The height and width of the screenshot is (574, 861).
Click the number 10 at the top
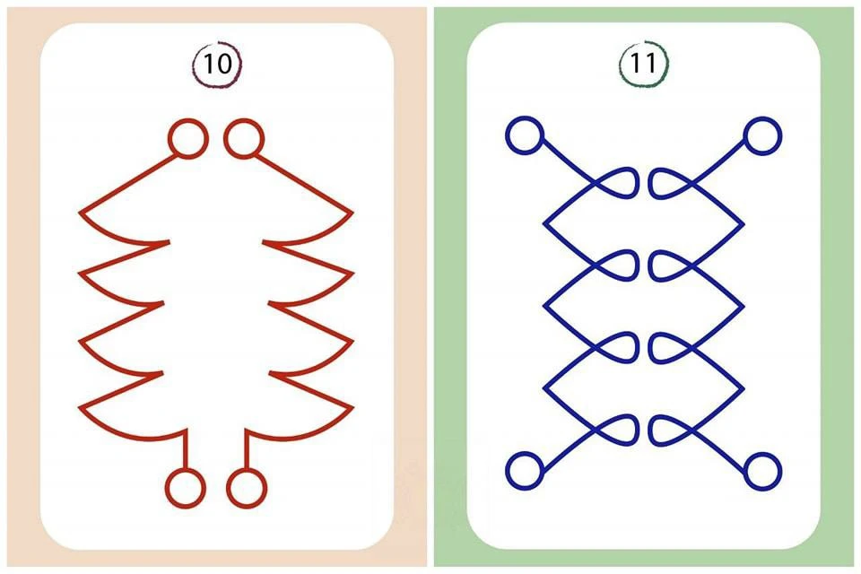pos(217,64)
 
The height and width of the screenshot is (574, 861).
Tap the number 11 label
pos(644,63)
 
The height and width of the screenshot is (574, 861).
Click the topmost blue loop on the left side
pos(637,183)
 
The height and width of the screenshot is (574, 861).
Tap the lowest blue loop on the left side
pos(637,430)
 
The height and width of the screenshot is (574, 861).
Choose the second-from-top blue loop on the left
pos(637,265)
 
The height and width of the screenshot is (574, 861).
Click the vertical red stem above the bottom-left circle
pos(186,449)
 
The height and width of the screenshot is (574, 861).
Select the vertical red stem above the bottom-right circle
pos(247,449)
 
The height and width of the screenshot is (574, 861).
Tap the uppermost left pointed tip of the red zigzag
pos(80,212)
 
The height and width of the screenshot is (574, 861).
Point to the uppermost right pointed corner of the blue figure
pos(743,224)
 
